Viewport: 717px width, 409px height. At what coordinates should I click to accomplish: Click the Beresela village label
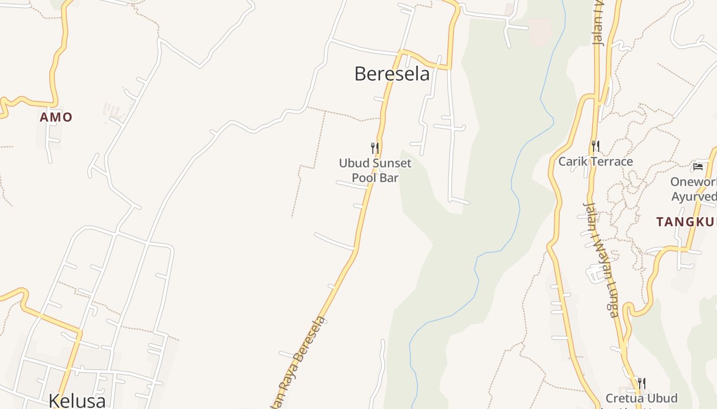[392, 74]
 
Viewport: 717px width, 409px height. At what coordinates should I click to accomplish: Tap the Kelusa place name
[77, 400]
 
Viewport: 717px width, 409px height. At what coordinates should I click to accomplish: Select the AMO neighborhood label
[56, 117]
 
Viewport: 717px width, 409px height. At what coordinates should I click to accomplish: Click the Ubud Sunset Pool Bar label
[375, 170]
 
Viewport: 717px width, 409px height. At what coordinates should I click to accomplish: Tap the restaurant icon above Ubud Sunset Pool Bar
[375, 148]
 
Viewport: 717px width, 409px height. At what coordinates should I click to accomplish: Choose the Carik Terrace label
[596, 162]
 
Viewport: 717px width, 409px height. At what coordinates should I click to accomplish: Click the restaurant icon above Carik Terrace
[595, 146]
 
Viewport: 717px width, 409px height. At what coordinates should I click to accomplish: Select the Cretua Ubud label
[641, 398]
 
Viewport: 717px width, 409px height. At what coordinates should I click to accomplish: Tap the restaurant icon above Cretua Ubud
[641, 383]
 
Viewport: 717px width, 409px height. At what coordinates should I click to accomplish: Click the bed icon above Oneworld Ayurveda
[698, 166]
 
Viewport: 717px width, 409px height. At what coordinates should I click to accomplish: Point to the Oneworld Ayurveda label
[694, 189]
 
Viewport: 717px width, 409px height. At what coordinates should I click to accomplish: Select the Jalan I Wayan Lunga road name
[602, 258]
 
